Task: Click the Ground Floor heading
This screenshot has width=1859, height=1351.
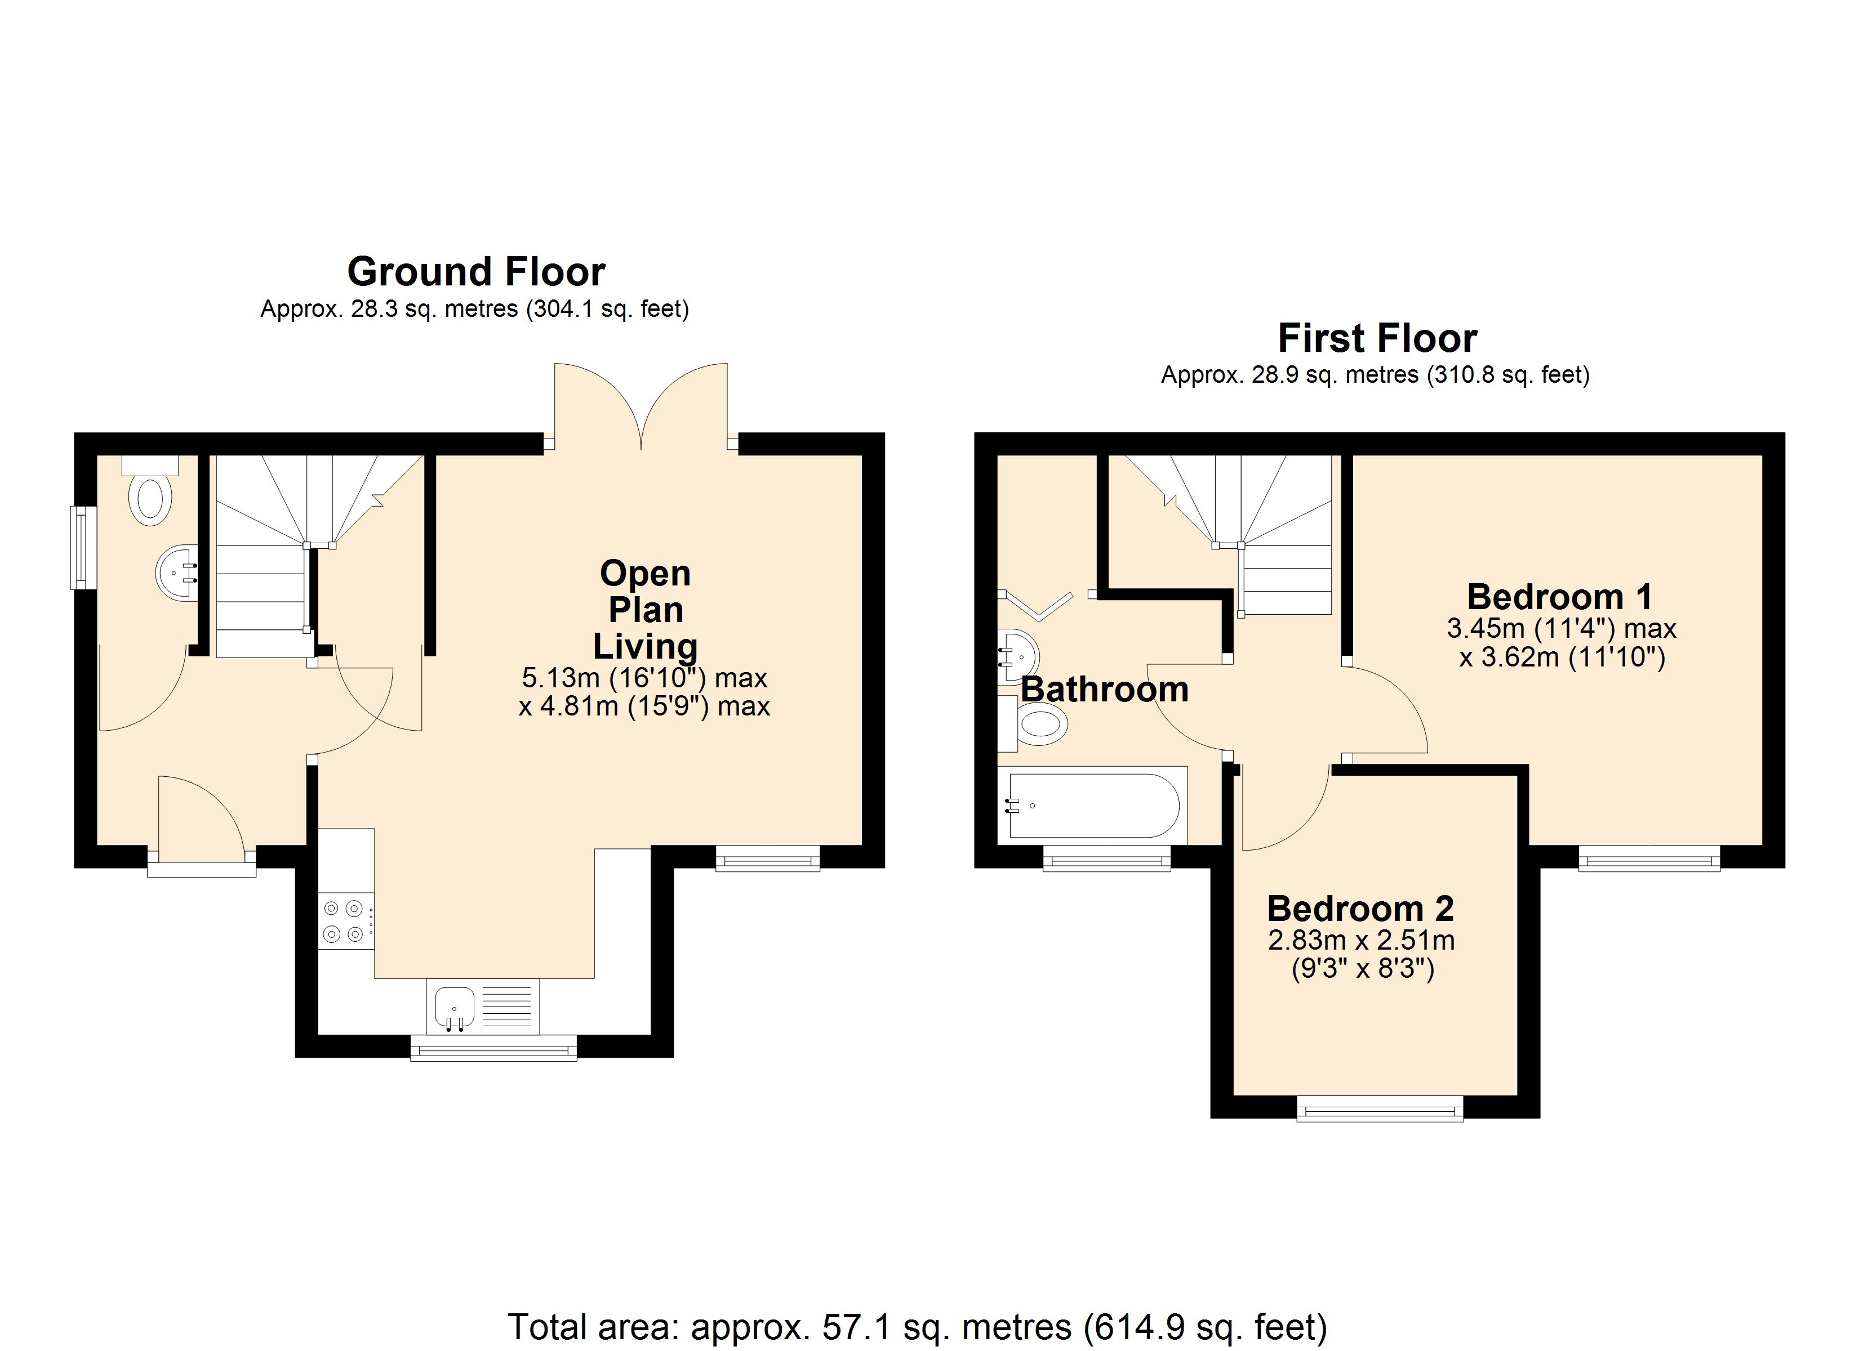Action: tap(476, 272)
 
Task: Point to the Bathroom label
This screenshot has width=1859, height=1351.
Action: tap(1104, 690)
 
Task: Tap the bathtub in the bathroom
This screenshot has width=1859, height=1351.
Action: tap(1093, 806)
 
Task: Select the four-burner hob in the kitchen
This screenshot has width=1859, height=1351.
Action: tap(346, 921)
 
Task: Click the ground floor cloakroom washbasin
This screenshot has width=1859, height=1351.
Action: tap(176, 572)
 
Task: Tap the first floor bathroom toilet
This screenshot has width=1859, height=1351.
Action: tap(1033, 723)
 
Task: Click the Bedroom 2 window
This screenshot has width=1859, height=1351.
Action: tap(1380, 1111)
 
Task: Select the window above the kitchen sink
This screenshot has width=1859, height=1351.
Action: tap(493, 1048)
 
